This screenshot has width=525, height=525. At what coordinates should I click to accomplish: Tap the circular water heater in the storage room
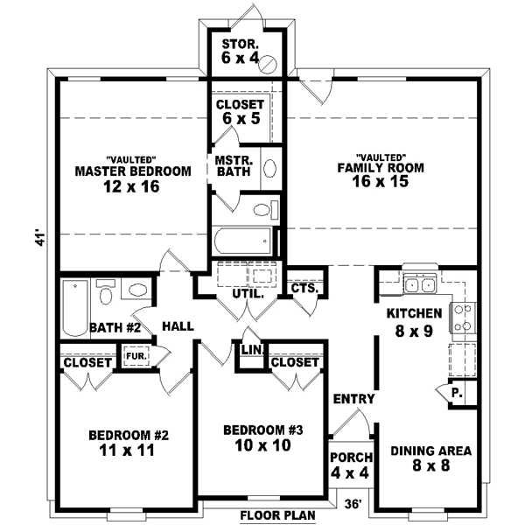click(271, 62)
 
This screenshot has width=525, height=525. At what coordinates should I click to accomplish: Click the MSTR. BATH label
click(234, 166)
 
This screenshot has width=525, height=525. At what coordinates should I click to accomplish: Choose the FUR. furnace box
click(135, 357)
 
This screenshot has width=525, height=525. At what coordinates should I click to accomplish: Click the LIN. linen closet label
click(248, 351)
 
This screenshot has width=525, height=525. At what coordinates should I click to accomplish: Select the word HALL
click(178, 326)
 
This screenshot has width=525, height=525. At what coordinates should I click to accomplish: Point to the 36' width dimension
click(353, 503)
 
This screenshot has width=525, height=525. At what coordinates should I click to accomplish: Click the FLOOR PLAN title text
click(277, 515)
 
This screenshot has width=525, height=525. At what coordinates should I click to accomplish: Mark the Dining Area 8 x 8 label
click(430, 458)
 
